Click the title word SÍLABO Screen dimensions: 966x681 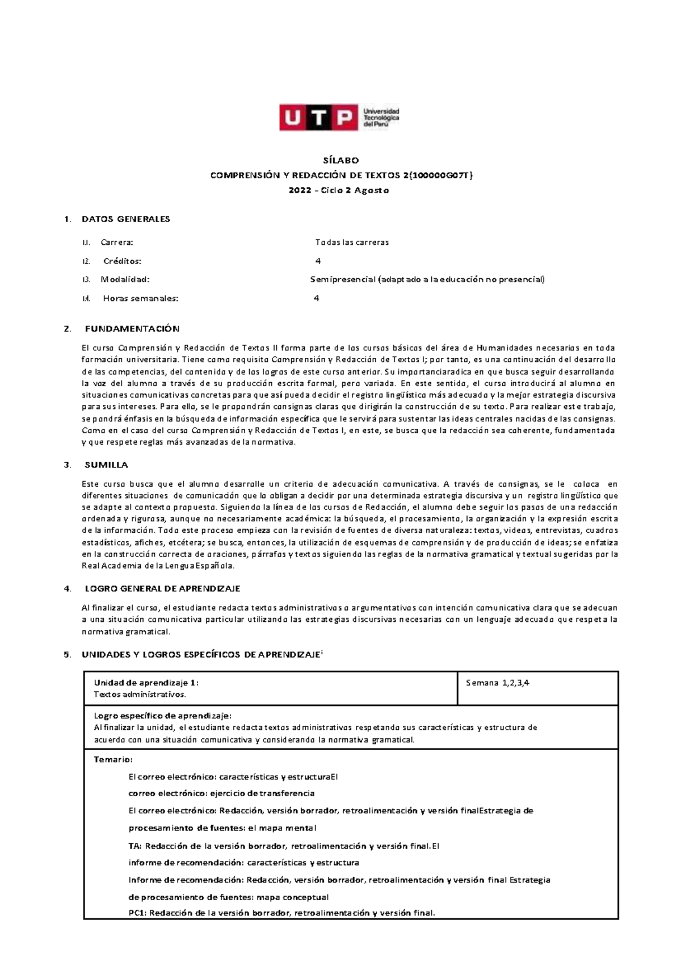tap(340, 160)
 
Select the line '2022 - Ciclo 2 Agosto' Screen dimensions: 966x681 tap(340, 190)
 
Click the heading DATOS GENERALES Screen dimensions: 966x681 tap(126, 219)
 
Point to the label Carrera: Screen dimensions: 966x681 tap(117, 242)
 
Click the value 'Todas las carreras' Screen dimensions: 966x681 tap(352, 242)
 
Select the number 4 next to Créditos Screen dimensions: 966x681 tap(318, 261)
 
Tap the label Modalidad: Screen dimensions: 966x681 tap(125, 279)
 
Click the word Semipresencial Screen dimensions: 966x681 tap(343, 279)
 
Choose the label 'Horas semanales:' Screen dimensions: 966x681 tap(140, 298)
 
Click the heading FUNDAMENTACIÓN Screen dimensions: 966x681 tap(132, 329)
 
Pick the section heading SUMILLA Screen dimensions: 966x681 tap(106, 465)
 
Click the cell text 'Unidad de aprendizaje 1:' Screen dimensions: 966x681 tap(146, 683)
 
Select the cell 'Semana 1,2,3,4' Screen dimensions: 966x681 tap(498, 683)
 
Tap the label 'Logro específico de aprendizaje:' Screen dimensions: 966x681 tap(162, 716)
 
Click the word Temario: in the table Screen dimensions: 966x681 tap(113, 760)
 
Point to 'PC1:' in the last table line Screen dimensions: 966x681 tap(137, 913)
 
